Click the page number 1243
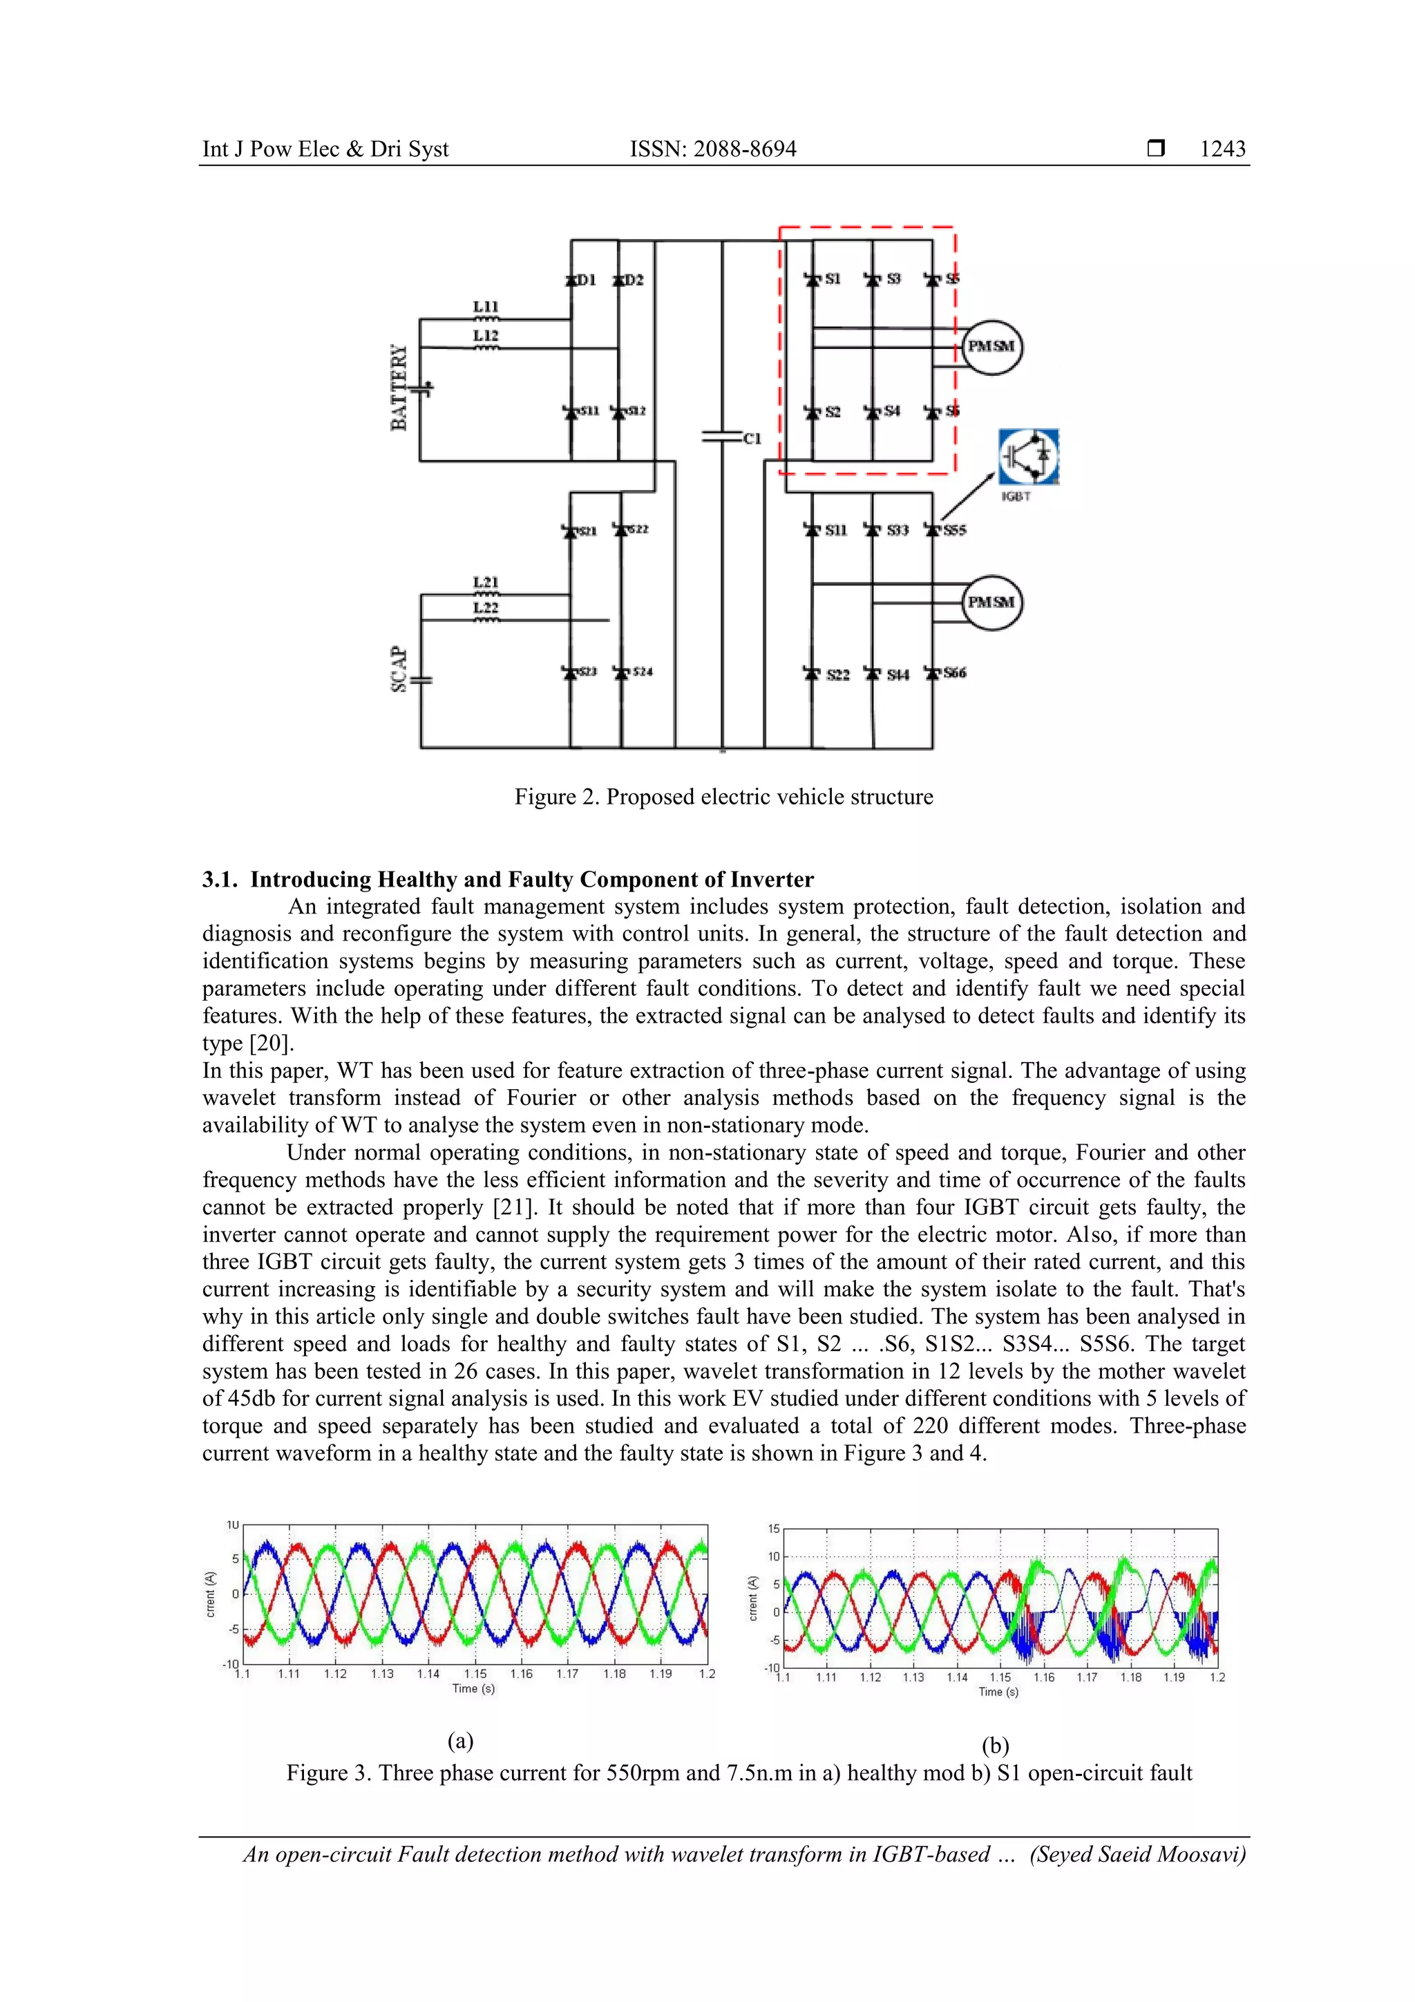1222,149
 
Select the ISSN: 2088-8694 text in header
712,149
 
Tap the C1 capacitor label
752,439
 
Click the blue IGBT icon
1028,456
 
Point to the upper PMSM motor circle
991,346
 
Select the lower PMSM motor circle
991,603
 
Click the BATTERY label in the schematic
399,387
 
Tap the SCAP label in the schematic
399,669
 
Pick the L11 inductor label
486,307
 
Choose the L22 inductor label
486,607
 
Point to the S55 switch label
953,530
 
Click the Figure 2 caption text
723,797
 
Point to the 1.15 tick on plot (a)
475,1673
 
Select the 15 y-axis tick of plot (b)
773,1529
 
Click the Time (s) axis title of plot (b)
998,1692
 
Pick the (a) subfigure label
460,1741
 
